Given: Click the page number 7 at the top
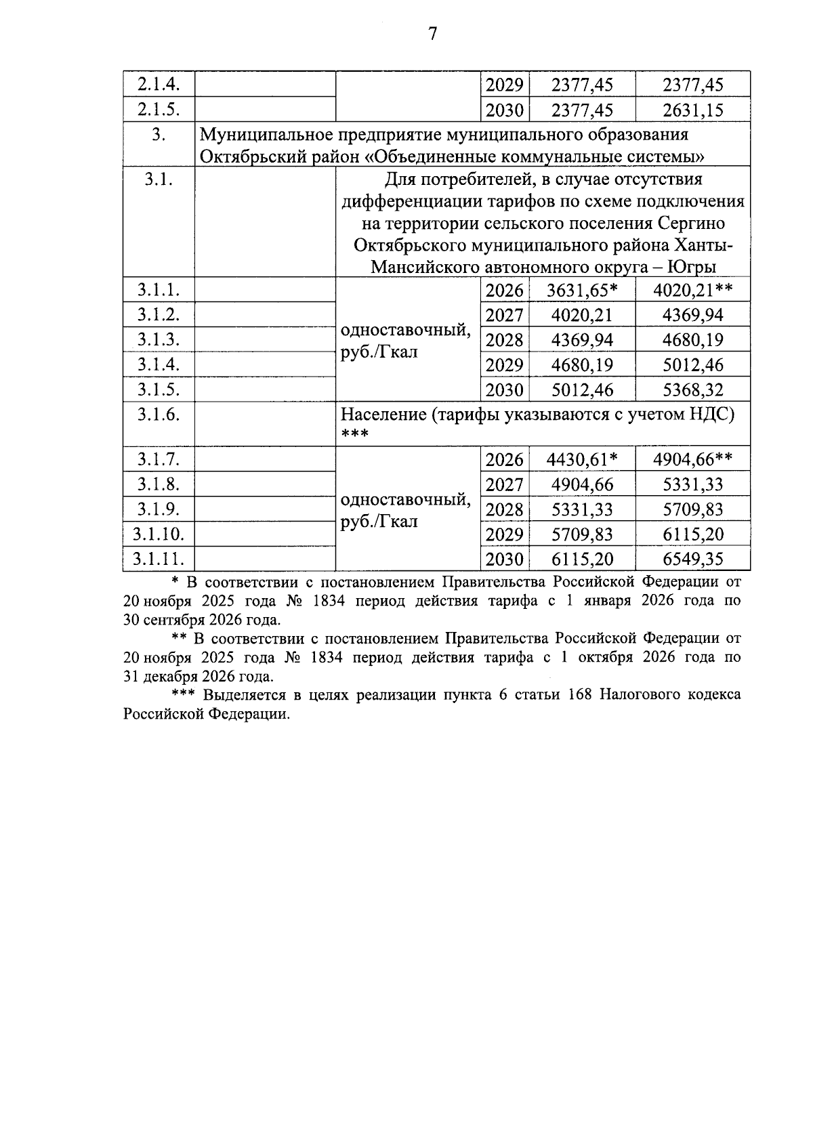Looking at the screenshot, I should [432, 33].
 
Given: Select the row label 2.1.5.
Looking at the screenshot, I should [158, 110].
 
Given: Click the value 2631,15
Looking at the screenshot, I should [692, 110].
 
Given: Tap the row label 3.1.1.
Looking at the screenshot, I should [158, 290].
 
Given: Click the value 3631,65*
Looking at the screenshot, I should [582, 291].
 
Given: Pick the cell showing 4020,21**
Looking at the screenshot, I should [692, 291].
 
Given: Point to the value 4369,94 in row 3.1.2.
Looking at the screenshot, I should [692, 315].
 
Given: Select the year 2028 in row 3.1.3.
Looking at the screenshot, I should [505, 340].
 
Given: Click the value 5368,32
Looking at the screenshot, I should [692, 389].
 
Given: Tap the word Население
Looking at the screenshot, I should [384, 414].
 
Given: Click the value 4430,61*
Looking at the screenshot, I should [582, 460].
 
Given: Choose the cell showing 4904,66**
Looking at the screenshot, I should [692, 460].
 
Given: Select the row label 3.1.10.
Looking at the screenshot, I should [158, 534].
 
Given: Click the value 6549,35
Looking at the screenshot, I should [692, 559].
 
